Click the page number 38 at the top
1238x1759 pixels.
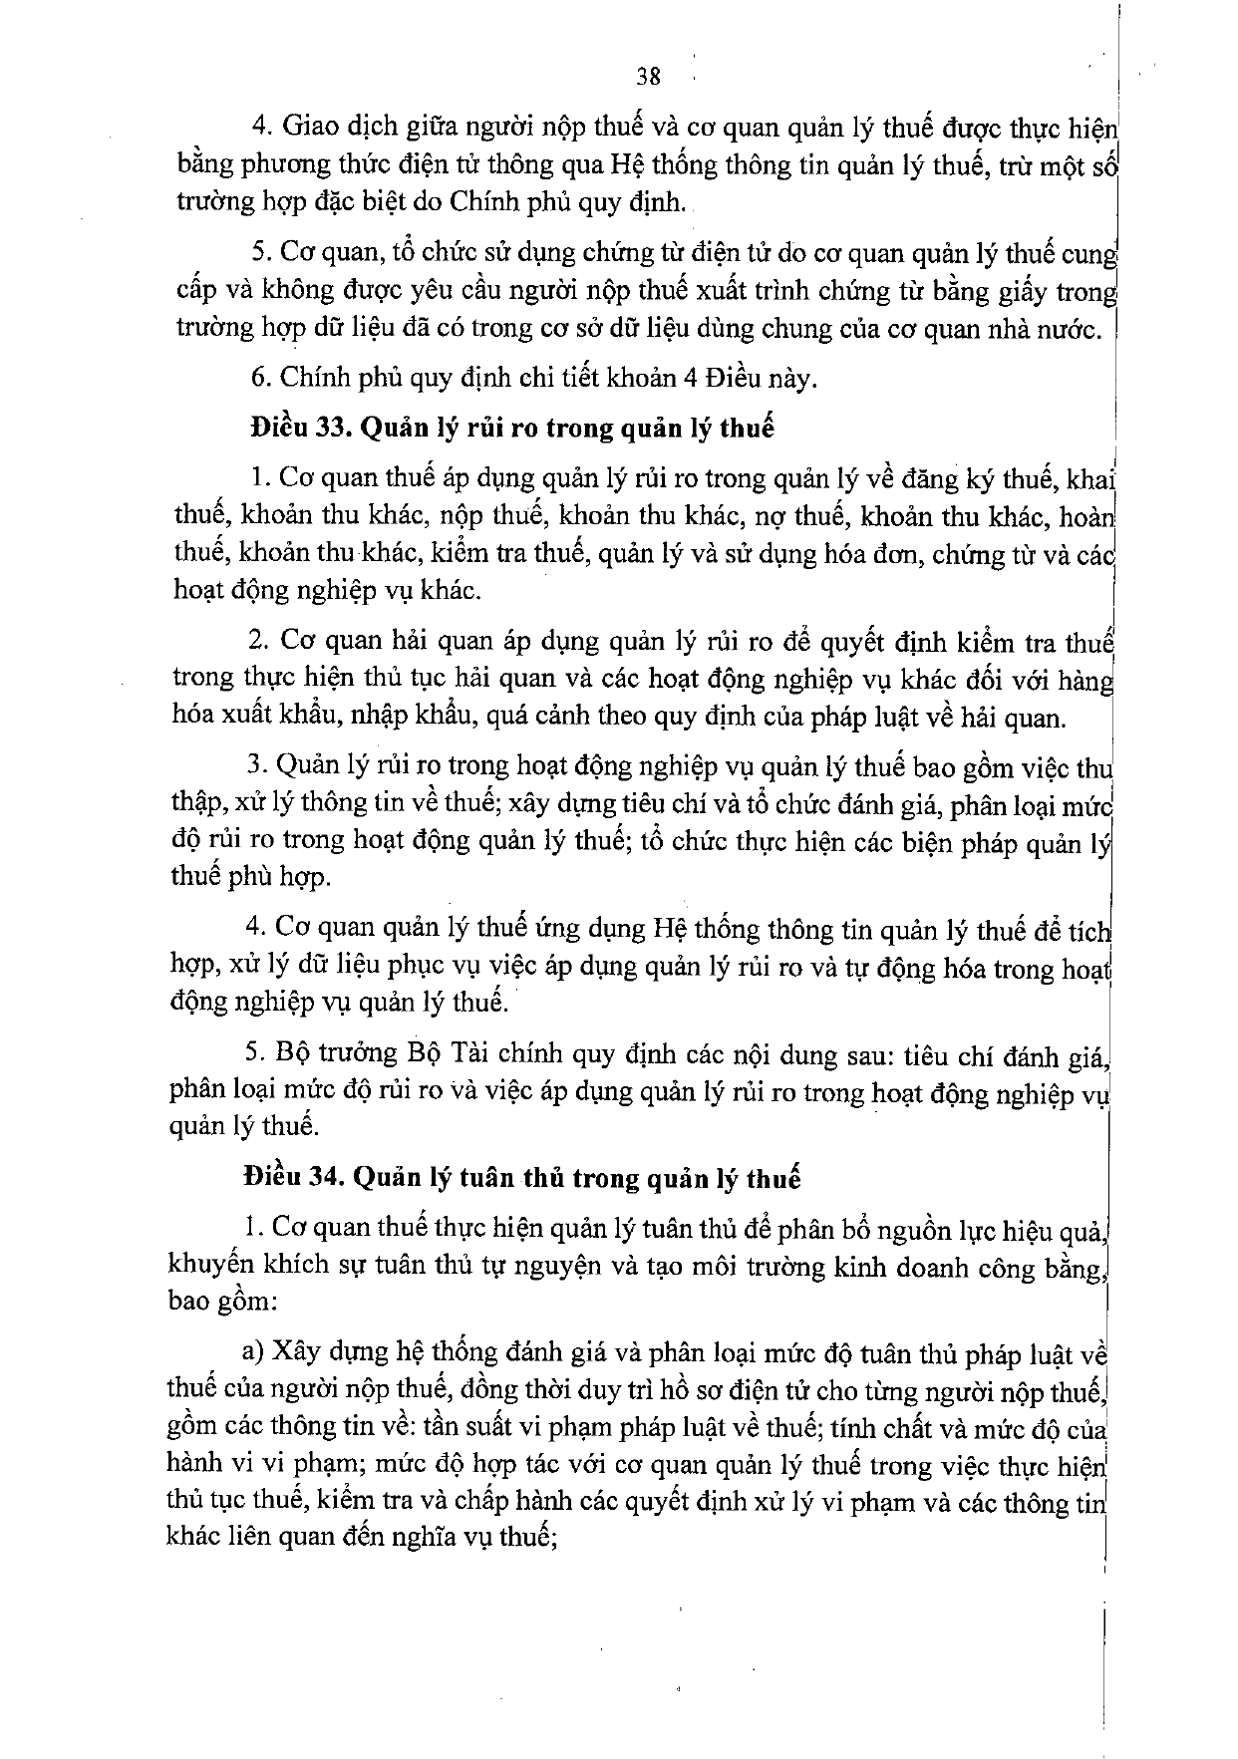(648, 77)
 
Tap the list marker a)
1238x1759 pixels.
(253, 1352)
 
